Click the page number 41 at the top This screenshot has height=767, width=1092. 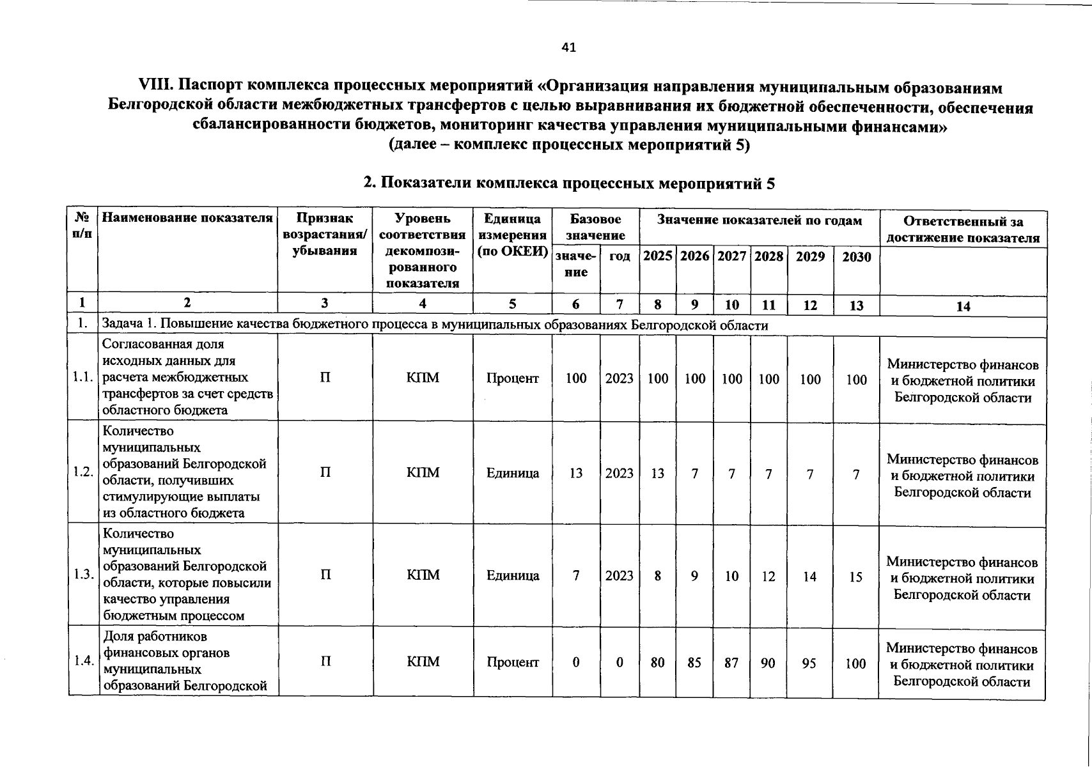tap(568, 47)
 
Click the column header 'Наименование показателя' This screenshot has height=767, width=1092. tap(187, 218)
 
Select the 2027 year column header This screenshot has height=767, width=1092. tap(732, 256)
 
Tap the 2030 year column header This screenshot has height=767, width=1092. tap(856, 257)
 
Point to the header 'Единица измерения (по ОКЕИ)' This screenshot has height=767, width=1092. tap(512, 235)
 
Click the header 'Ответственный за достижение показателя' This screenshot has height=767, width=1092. tap(963, 229)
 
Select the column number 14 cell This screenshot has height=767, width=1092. tap(963, 306)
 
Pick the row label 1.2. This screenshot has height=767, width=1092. tap(84, 472)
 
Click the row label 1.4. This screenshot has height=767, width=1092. tap(84, 661)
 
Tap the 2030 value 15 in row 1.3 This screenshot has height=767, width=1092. tap(855, 577)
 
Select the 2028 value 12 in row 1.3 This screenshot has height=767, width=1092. tap(768, 577)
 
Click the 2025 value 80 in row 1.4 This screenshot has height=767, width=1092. tap(657, 663)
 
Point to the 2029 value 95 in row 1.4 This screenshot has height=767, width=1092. tap(809, 663)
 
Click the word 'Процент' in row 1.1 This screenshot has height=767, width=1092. tap(512, 378)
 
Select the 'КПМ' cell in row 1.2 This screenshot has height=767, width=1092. tap(423, 473)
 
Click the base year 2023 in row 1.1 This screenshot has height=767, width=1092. tap(619, 378)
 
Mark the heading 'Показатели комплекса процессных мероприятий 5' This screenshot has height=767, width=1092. tap(568, 183)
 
